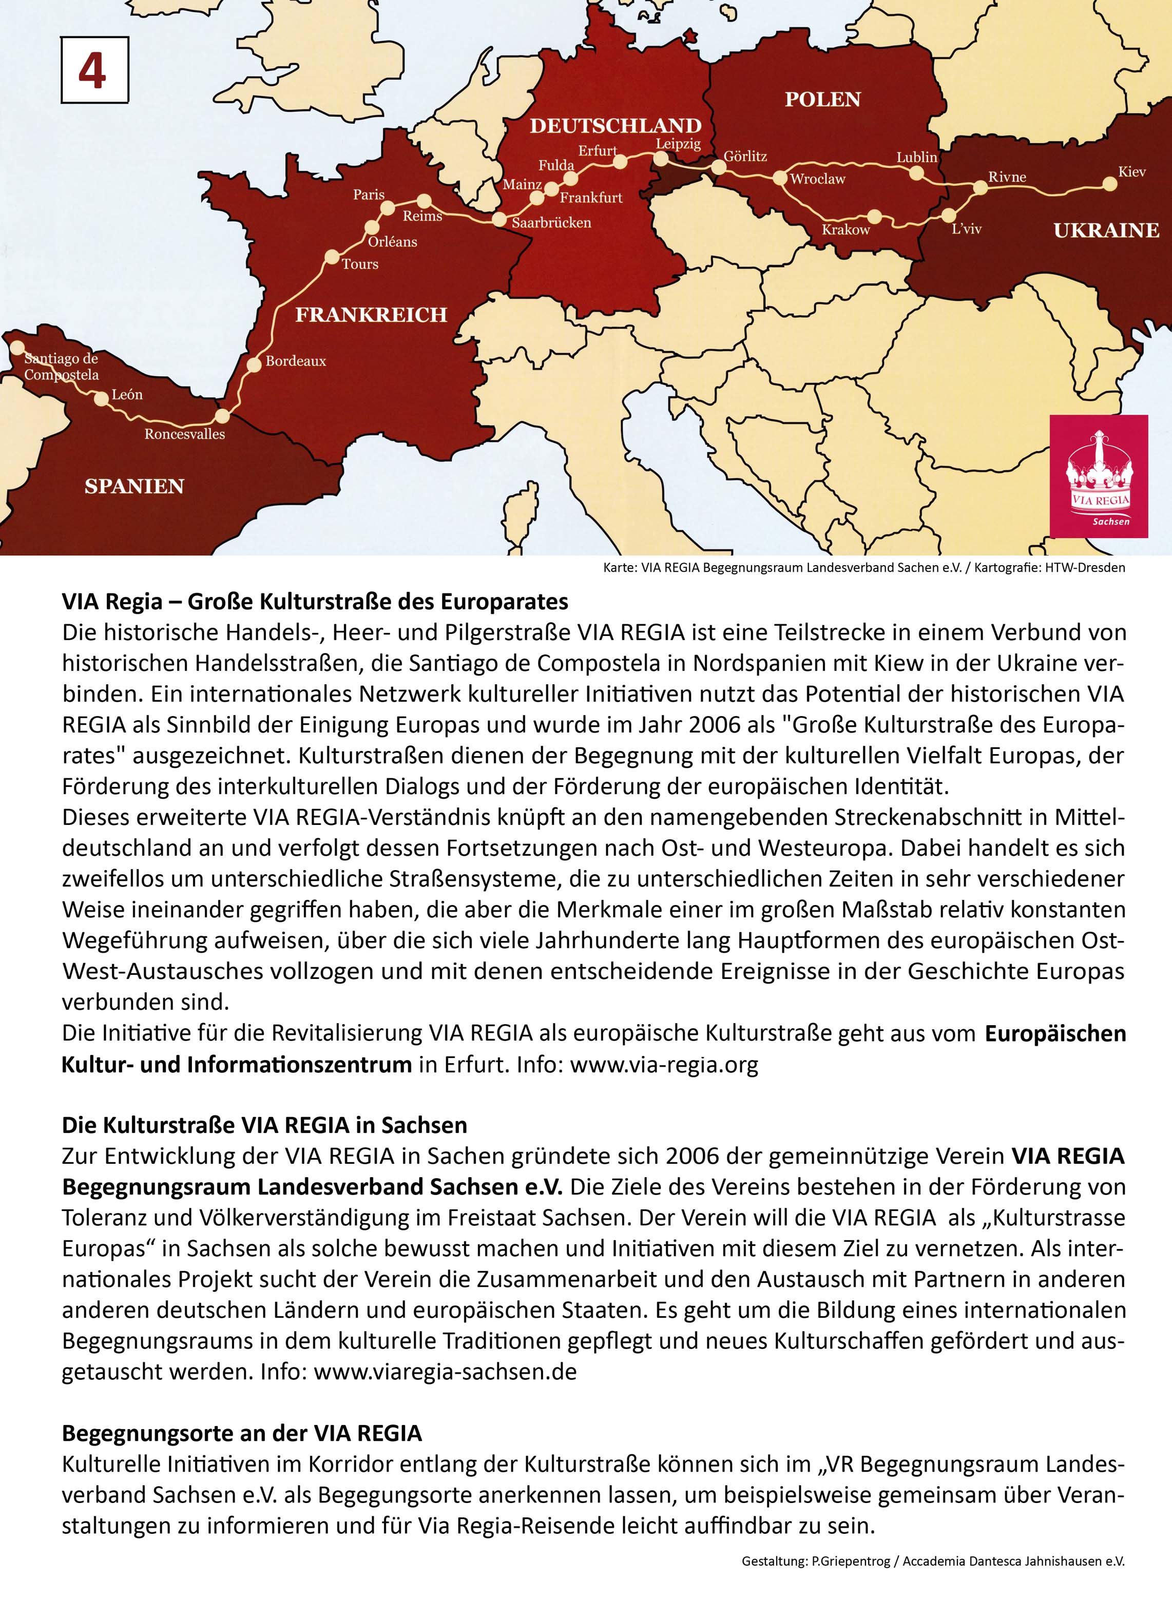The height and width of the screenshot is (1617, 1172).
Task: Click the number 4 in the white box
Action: click(x=93, y=71)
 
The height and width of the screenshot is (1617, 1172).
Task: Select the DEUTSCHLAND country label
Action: click(x=615, y=126)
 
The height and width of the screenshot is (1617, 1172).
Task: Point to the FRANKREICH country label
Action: click(x=371, y=314)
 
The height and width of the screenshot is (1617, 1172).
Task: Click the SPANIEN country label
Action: click(x=134, y=486)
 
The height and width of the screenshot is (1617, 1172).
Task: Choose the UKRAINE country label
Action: click(x=1106, y=230)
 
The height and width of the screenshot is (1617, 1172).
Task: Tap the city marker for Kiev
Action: click(x=1110, y=184)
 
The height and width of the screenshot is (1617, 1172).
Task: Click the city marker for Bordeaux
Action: click(x=255, y=365)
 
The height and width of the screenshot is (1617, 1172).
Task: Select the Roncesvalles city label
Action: click(x=185, y=434)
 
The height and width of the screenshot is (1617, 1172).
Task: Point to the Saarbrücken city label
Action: click(x=551, y=222)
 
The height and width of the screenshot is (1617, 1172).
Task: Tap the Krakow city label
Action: click(x=846, y=229)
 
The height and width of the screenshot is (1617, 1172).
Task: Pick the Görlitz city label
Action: click(x=745, y=156)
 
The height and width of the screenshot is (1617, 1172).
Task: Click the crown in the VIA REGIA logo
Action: click(x=1099, y=464)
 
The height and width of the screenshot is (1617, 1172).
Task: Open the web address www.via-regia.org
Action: click(x=664, y=1065)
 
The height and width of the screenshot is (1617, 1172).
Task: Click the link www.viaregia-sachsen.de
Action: click(x=445, y=1371)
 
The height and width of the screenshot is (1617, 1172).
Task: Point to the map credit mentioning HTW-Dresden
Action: click(x=863, y=568)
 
